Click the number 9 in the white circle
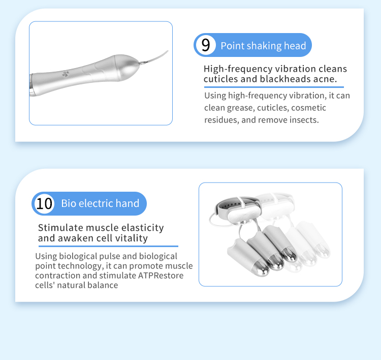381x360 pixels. coord(206,45)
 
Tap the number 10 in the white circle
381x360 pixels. coord(44,203)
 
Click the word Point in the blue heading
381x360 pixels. coord(232,46)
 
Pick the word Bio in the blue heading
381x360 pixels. coord(69,203)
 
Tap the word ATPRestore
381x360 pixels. coord(161,276)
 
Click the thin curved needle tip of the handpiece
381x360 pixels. coord(153,57)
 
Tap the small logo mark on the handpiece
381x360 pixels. coord(66,74)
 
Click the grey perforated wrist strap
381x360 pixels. coord(229,205)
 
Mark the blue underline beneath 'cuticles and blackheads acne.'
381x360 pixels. coord(274,87)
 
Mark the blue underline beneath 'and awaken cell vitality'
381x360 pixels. coord(108,246)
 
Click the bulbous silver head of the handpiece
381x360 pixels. coord(126,68)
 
